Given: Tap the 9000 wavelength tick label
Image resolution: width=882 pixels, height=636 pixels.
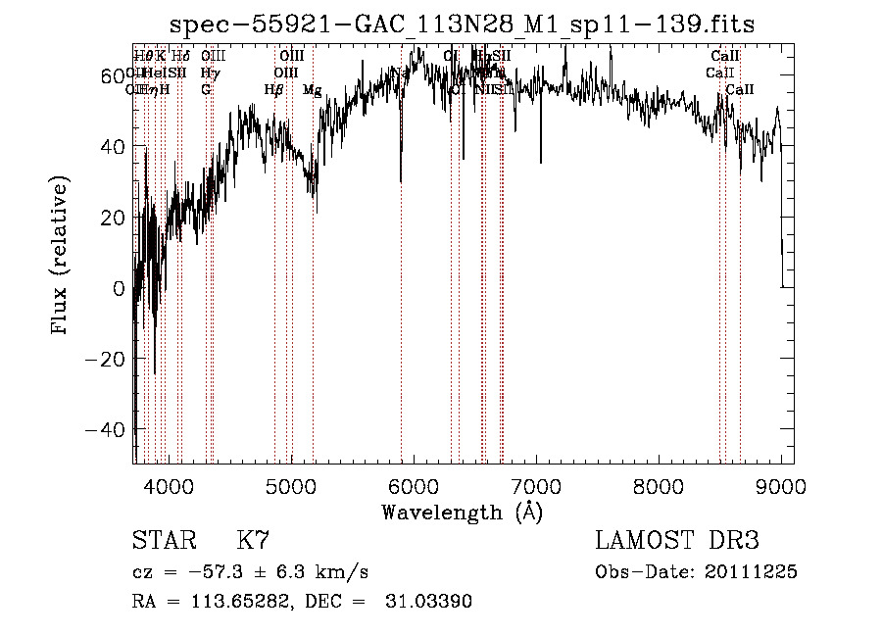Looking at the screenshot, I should point(781,485).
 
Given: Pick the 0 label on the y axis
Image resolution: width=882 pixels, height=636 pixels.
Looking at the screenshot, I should point(119,288).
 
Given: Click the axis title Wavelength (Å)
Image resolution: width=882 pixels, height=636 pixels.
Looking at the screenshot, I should point(462,512).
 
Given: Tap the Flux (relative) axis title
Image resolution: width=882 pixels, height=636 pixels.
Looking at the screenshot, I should point(62,257).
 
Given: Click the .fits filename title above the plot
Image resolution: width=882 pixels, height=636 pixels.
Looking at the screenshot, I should point(462,24).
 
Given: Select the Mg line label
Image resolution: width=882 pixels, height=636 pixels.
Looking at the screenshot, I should point(312,90).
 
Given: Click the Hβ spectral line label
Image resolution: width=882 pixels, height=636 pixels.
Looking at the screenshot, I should point(273,90).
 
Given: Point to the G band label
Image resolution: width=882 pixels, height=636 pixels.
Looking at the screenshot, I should point(206,90).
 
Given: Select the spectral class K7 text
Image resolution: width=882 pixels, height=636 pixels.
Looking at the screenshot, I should point(253,541).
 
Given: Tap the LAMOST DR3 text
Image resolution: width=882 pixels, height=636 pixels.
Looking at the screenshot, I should point(676,541).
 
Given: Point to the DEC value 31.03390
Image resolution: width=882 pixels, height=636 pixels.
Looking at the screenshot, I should point(431,602).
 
